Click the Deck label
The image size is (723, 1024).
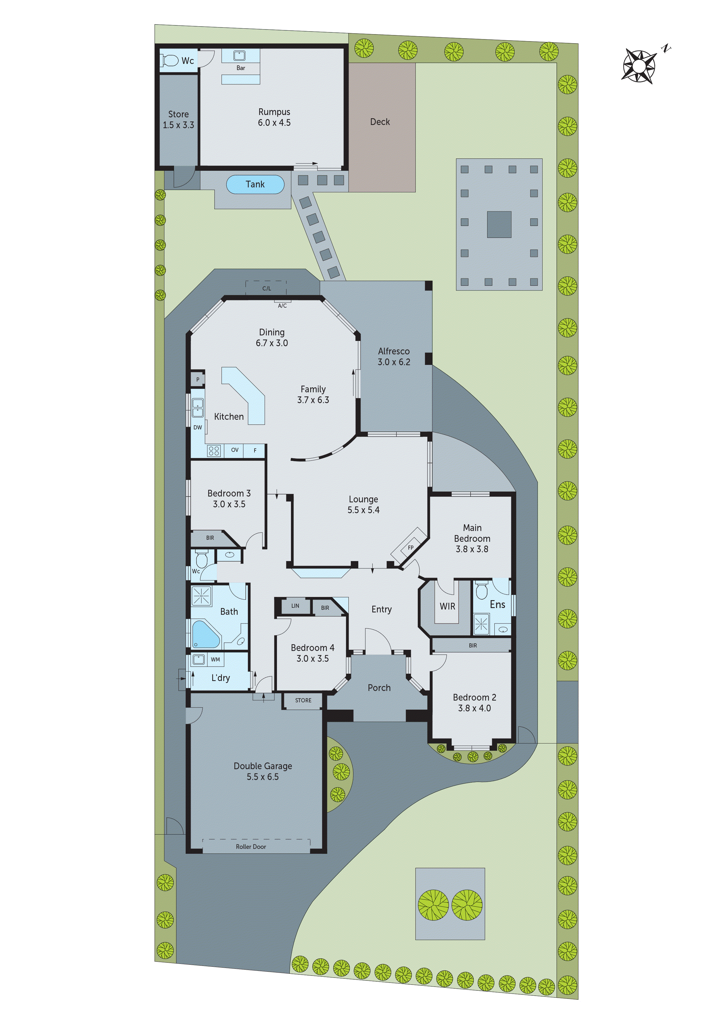[380, 122]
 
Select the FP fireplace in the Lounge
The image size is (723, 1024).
[410, 548]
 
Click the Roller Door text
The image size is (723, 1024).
[251, 847]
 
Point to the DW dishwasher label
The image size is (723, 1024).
[197, 427]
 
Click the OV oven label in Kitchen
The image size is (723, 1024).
[235, 450]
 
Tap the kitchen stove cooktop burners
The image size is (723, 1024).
[214, 451]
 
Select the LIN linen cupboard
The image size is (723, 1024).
[295, 606]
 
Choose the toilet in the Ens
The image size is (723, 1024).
[481, 591]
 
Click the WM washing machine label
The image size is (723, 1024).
[215, 659]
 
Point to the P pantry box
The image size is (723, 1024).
[197, 379]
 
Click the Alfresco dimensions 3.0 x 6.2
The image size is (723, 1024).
[394, 362]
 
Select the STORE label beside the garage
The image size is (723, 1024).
[303, 700]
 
